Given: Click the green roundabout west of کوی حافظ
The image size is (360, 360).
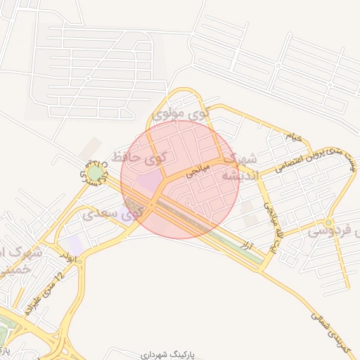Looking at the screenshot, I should pyautogui.click(x=95, y=173).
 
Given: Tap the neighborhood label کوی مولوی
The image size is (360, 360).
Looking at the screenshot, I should pyautogui.click(x=181, y=113).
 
